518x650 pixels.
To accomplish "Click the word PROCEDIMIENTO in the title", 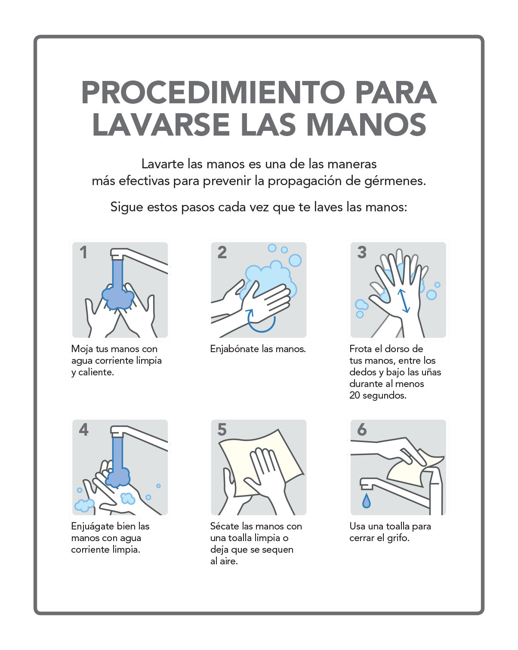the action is [213, 93].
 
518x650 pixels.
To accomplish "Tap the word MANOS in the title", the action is [367, 124].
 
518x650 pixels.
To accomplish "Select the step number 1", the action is [83, 252].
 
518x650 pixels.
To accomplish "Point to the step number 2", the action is [222, 252].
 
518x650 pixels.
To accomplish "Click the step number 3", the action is [362, 252].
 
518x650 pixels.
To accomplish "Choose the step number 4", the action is [83, 430].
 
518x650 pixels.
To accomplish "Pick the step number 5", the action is [222, 430].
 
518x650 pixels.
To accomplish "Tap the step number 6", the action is [362, 430].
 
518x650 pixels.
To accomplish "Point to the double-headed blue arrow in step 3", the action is [403, 301].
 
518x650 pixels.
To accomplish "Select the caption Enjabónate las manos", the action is [258, 349].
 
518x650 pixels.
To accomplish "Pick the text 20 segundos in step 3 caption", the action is [378, 395].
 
